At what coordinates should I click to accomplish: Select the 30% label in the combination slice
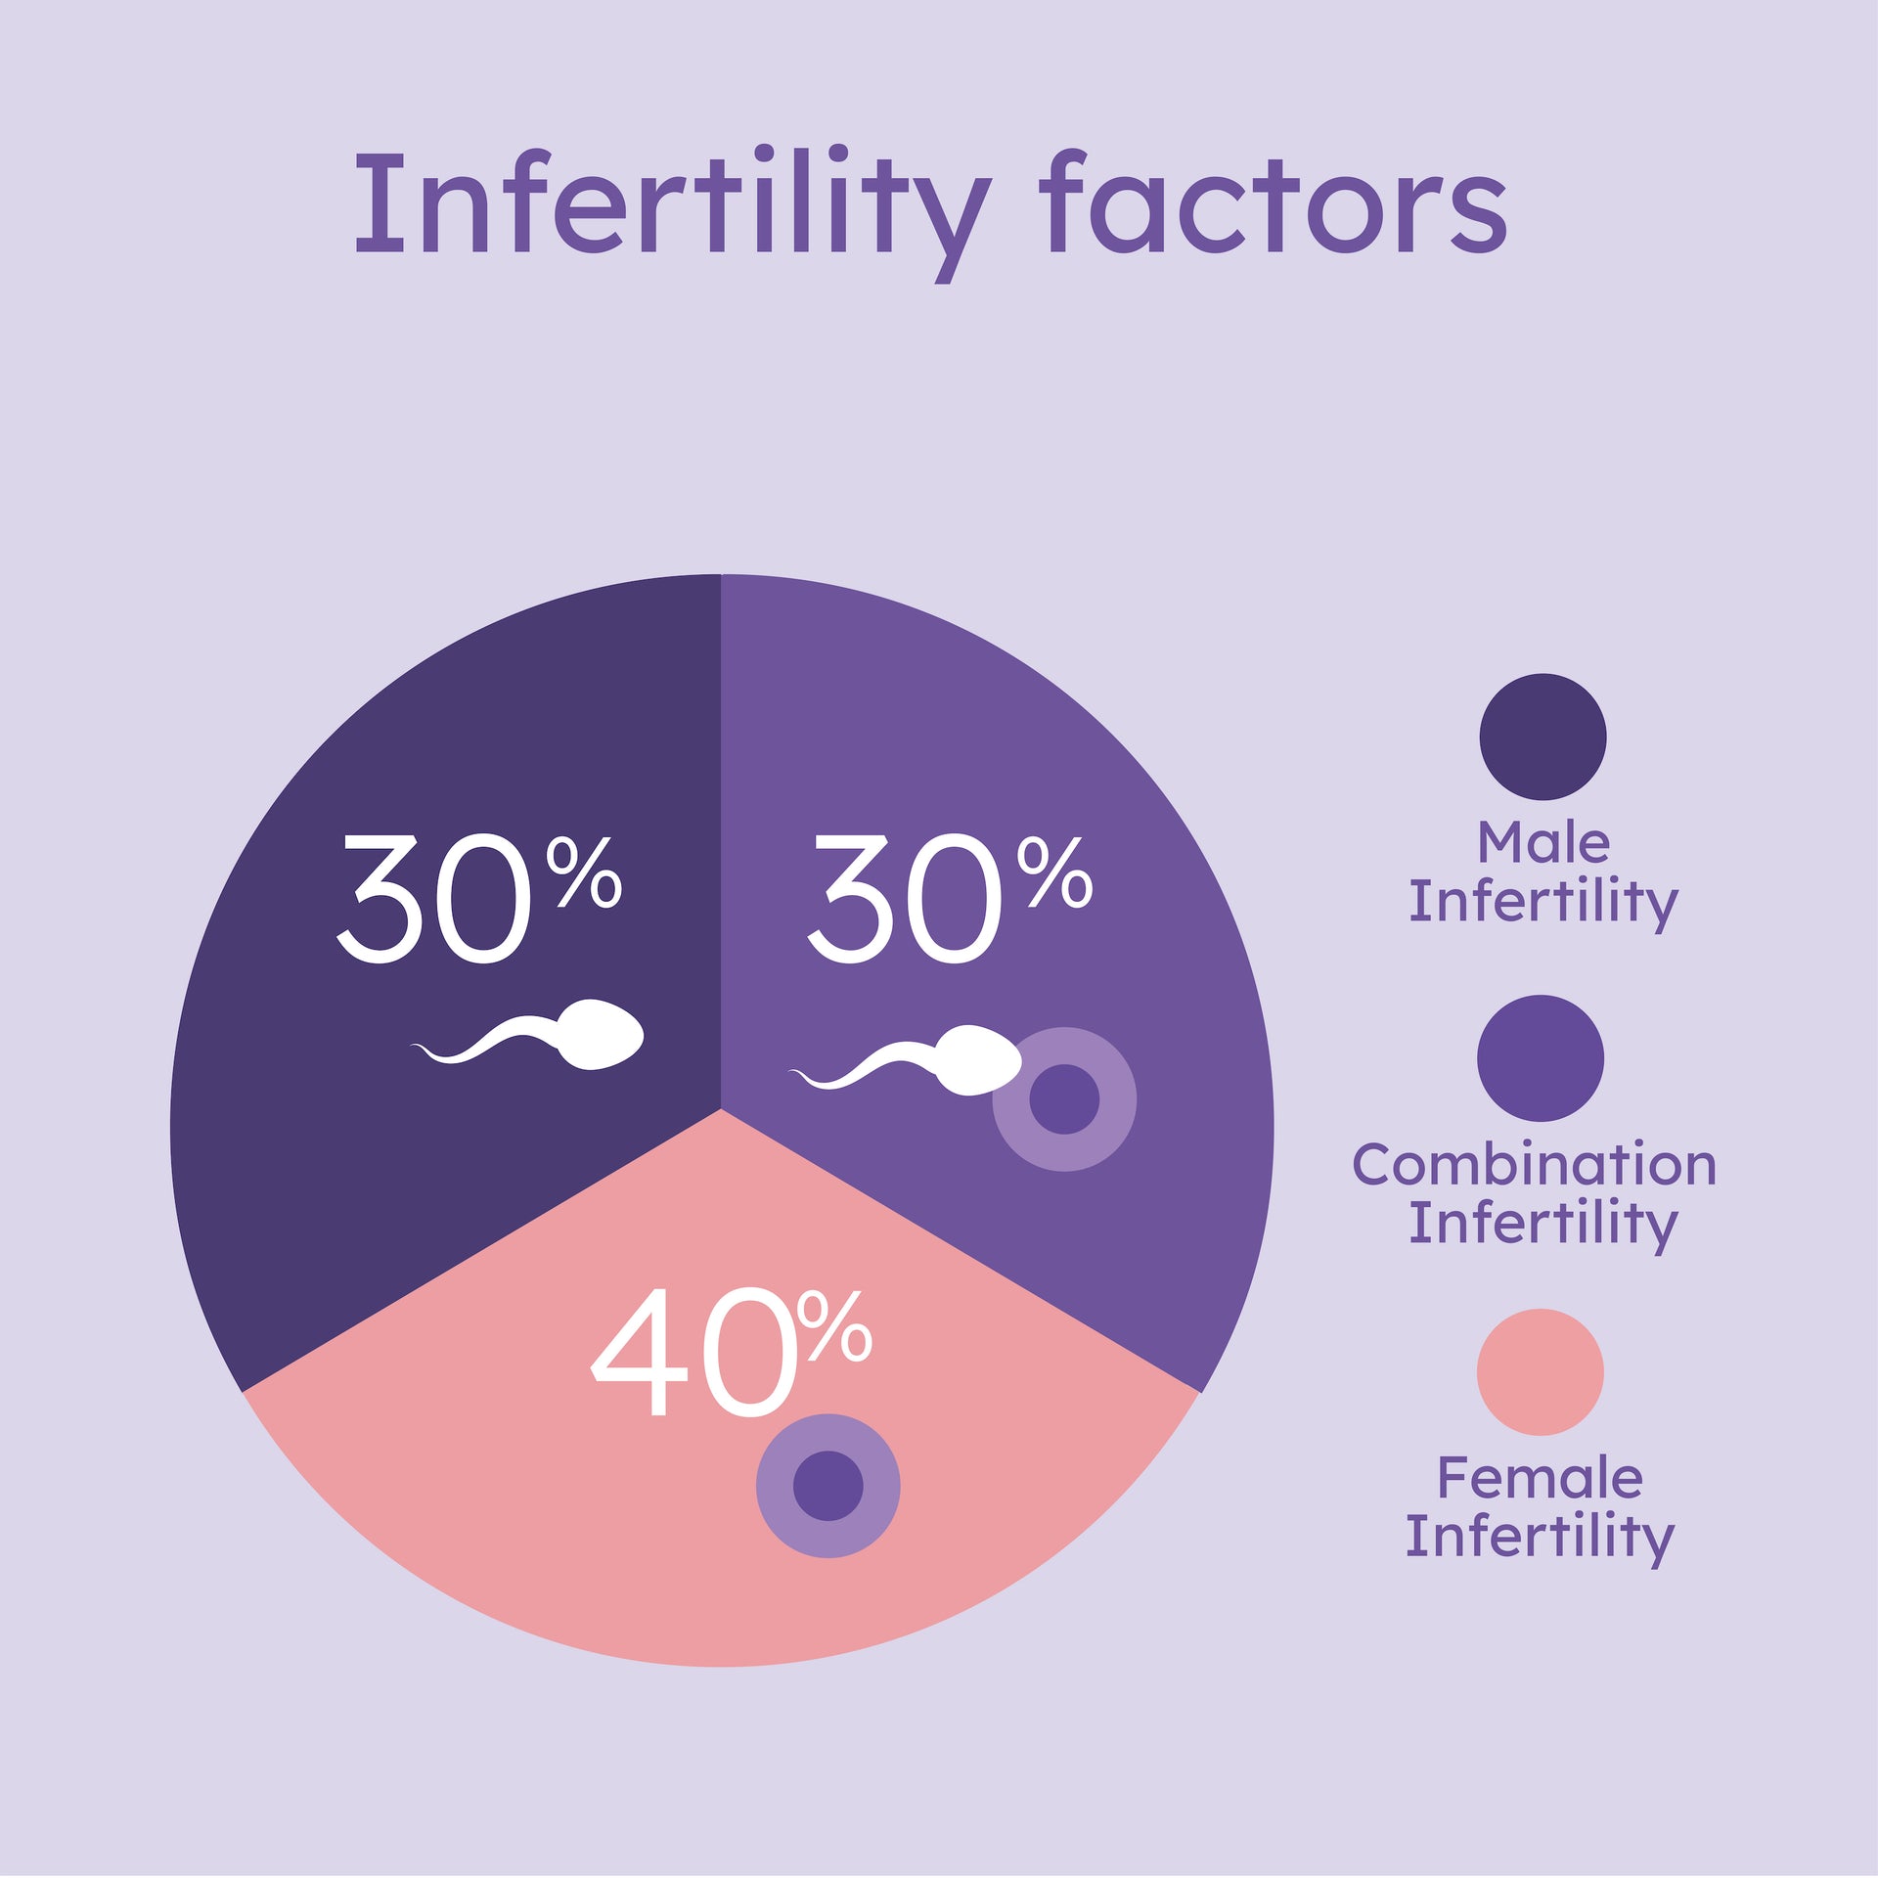point(949,899)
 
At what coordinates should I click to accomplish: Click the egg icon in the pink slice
point(827,1486)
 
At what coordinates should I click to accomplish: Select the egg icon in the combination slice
point(1064,1099)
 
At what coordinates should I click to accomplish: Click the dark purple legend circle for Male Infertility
point(1543,737)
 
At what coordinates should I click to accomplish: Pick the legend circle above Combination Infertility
point(1541,1058)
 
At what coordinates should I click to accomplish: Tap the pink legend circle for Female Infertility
point(1541,1372)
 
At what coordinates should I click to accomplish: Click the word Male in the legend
point(1543,843)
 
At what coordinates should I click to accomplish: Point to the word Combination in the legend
point(1534,1165)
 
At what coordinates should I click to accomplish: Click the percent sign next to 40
point(834,1326)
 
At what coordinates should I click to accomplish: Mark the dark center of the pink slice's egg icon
point(827,1486)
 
